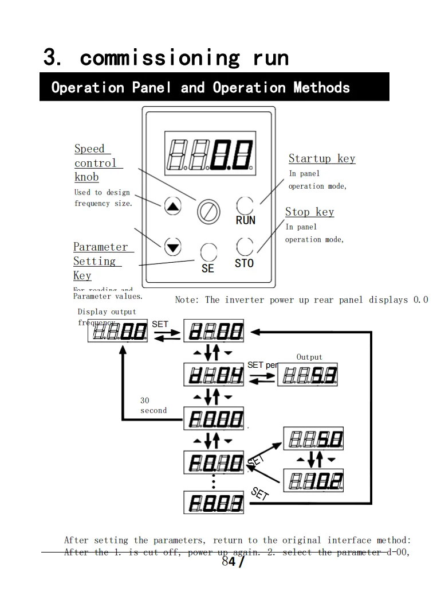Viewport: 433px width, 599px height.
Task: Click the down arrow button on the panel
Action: (172, 247)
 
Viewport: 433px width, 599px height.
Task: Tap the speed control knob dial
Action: (208, 211)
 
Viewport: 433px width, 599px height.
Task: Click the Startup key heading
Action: (321, 158)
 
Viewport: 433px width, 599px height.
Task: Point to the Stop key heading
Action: (309, 212)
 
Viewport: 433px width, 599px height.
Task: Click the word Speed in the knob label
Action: (89, 149)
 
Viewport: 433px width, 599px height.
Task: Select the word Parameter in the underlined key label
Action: (101, 247)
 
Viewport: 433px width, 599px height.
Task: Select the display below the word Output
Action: (307, 375)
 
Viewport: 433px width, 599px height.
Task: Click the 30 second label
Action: (153, 406)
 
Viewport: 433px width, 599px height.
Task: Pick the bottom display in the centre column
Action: (214, 503)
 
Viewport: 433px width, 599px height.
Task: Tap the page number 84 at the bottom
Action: (229, 562)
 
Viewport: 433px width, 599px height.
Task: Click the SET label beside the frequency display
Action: (160, 324)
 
